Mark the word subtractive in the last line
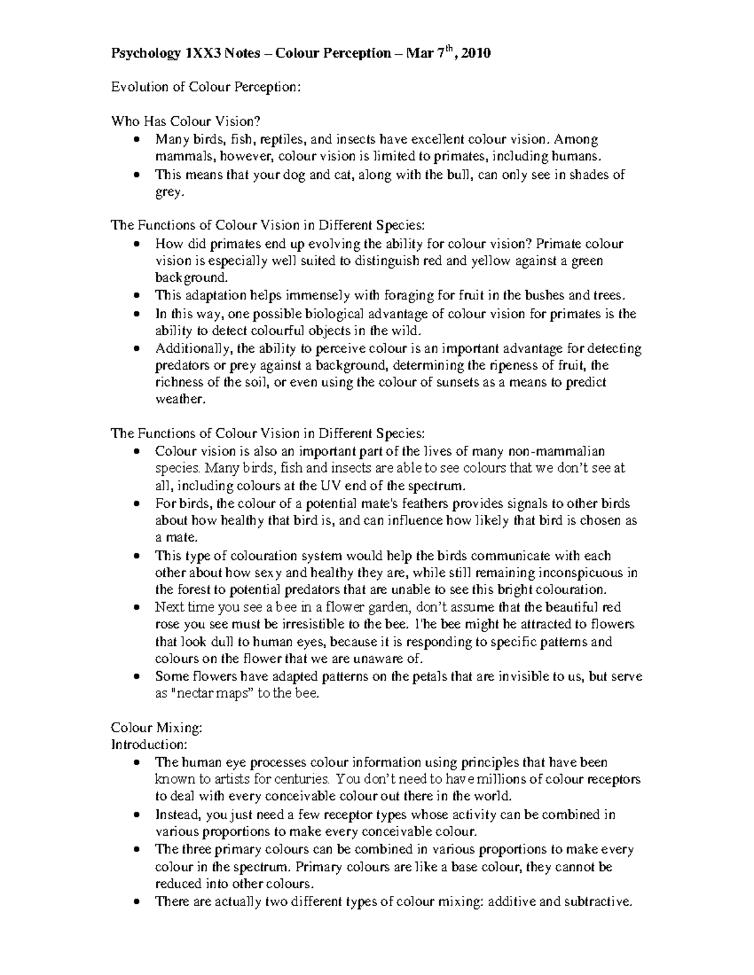pyautogui.click(x=597, y=902)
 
